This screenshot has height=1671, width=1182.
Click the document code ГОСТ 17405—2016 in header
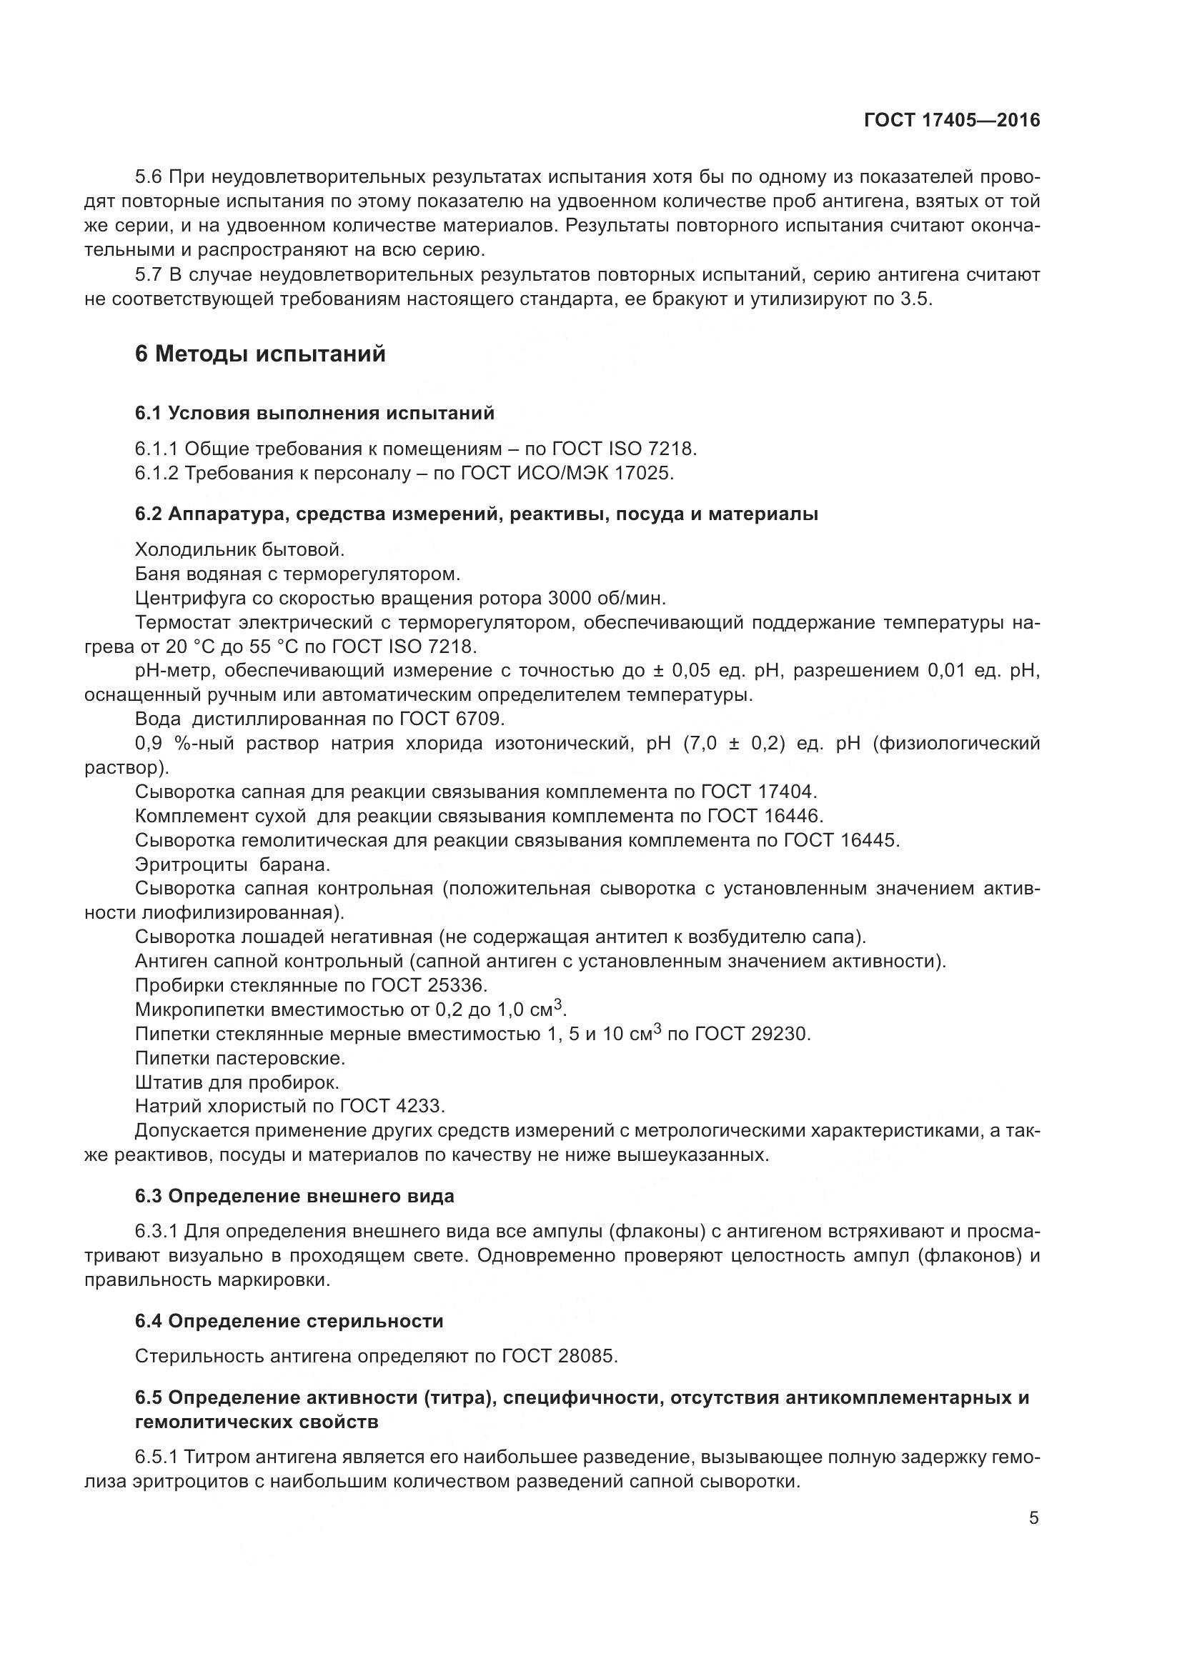(x=951, y=120)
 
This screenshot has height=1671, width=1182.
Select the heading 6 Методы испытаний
(x=261, y=354)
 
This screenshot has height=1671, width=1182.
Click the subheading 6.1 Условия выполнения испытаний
(x=314, y=414)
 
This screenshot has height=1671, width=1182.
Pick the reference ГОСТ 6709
(x=451, y=719)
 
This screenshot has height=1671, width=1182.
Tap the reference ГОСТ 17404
(x=759, y=791)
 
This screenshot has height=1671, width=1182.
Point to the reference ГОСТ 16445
(x=841, y=840)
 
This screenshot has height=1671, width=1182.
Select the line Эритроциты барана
(x=232, y=864)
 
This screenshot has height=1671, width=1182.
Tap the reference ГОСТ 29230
(x=753, y=1034)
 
